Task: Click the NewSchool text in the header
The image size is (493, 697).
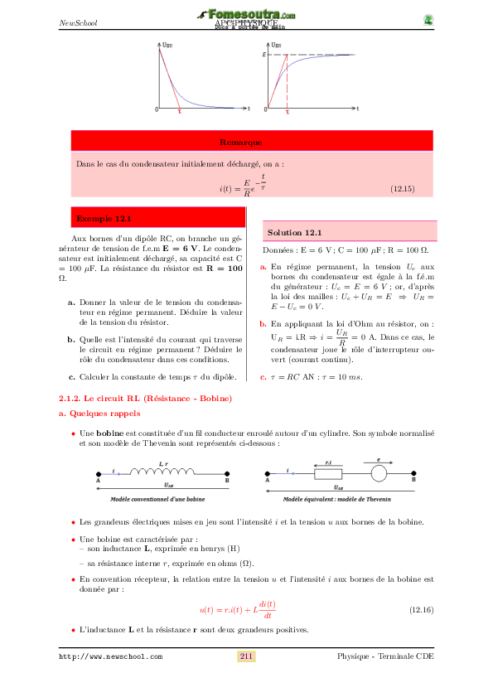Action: pos(79,22)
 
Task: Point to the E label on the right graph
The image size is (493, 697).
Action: pos(263,54)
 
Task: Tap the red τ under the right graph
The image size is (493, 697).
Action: pos(287,111)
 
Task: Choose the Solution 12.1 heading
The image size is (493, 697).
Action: pos(295,233)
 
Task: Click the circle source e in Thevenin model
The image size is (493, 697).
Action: pos(379,474)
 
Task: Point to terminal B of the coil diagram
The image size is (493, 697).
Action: pos(227,480)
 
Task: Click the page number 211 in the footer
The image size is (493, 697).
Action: pos(246,656)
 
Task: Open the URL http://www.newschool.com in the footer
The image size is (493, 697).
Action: pos(110,656)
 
